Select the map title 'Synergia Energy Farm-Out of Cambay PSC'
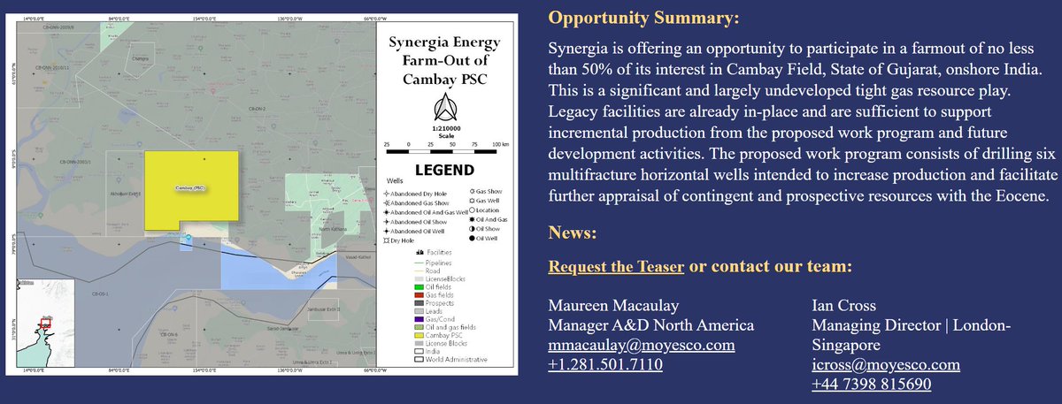445,62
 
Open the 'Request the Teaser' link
616,266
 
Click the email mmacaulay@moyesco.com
642,346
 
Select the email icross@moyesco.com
885,364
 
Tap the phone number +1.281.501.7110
606,364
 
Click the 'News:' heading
573,233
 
